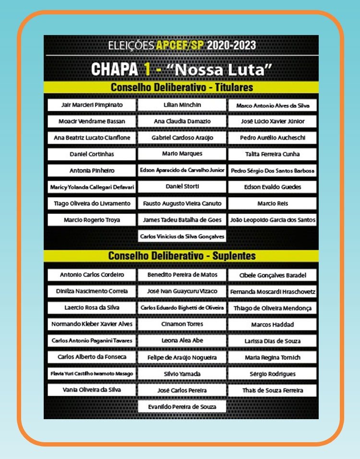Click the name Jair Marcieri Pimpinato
click(x=92, y=105)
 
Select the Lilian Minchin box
click(x=182, y=105)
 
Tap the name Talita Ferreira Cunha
click(x=272, y=154)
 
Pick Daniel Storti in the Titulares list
click(x=182, y=186)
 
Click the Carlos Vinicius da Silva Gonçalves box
click(x=182, y=236)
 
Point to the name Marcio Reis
click(x=272, y=203)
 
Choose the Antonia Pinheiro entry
click(x=92, y=170)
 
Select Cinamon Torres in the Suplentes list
click(x=182, y=324)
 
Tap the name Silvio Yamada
click(x=182, y=374)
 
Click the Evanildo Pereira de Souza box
click(x=182, y=407)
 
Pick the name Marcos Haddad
click(x=272, y=325)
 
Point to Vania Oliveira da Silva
click(x=92, y=389)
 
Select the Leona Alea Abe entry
click(x=182, y=341)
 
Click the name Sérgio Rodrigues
click(x=272, y=374)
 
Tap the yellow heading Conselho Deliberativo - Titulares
click(x=181, y=88)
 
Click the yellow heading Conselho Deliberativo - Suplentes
click(x=181, y=256)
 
